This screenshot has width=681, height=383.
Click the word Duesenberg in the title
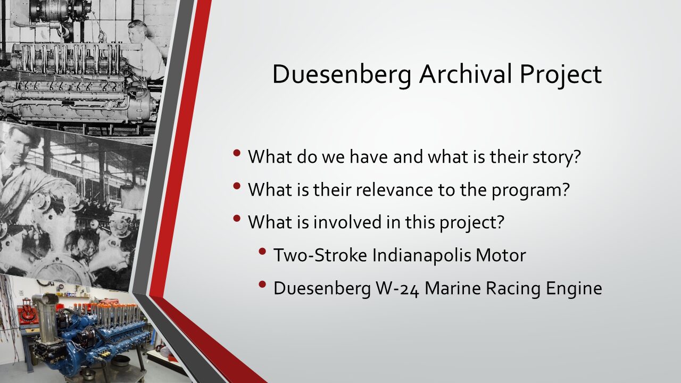tap(342, 75)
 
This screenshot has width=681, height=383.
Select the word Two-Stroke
tap(320, 255)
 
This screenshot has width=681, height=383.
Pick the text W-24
tap(397, 288)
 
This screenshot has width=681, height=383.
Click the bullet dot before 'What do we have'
tap(237, 153)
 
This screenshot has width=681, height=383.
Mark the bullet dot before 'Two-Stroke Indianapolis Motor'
tap(262, 252)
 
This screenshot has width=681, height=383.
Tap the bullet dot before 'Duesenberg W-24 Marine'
tap(262, 284)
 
